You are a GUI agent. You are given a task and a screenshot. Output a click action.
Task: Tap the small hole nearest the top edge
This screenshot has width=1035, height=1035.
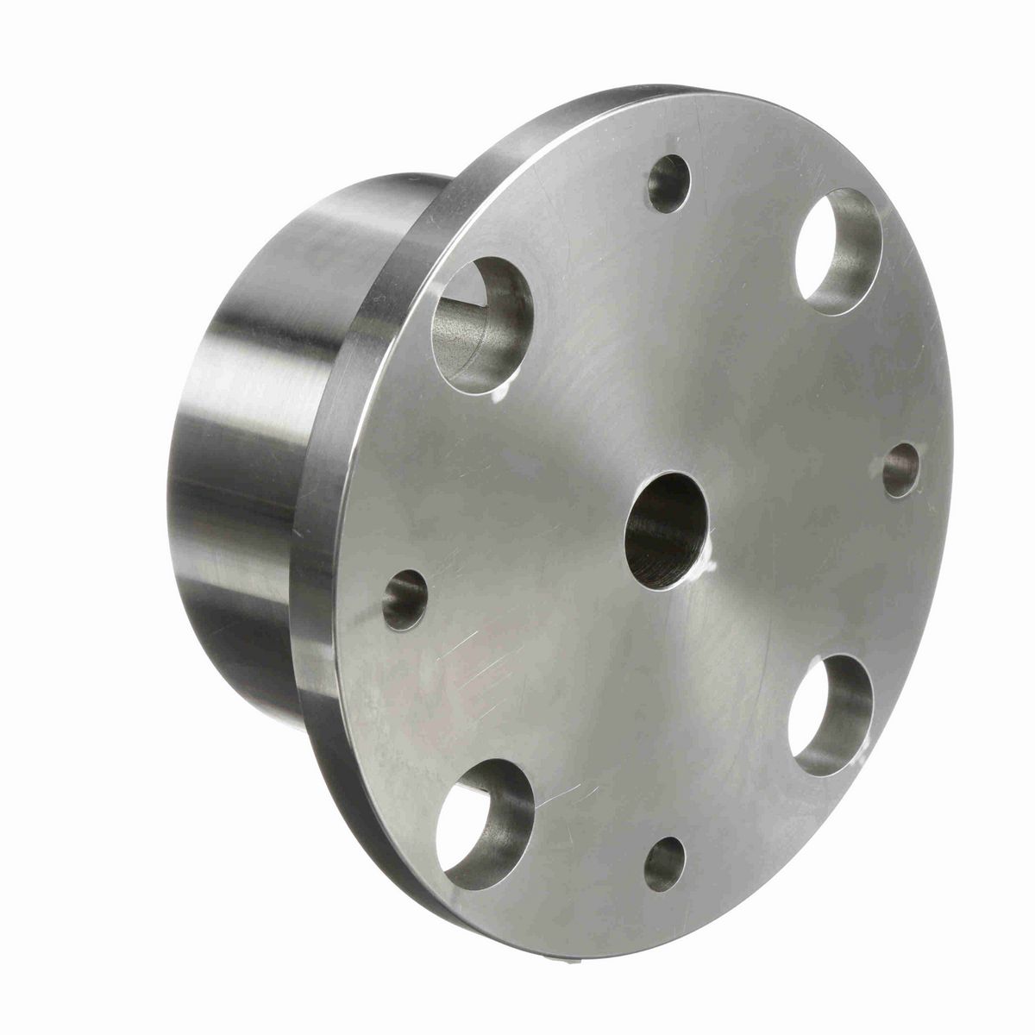pos(669,184)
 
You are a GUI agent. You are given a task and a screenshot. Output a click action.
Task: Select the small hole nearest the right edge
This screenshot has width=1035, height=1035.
pos(900,471)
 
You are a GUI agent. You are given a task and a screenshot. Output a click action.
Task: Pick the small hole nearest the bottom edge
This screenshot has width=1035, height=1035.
pos(664,863)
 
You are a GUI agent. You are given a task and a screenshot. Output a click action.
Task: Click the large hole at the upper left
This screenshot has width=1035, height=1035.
pos(481,325)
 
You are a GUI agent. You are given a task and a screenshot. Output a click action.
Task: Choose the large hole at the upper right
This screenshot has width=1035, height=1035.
pos(838,251)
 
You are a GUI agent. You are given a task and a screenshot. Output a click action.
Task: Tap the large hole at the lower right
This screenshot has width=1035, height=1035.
pos(831,714)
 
